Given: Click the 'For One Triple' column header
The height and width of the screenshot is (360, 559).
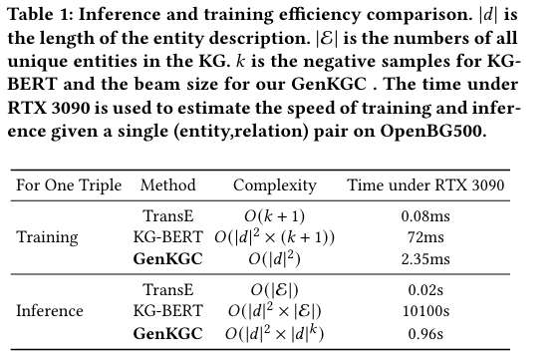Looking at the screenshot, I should (x=69, y=185).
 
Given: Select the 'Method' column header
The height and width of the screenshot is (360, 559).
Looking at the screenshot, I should (x=167, y=185).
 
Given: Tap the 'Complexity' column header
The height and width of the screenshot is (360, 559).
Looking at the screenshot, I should (x=274, y=185).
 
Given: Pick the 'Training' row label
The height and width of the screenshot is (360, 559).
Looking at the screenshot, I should (x=47, y=237).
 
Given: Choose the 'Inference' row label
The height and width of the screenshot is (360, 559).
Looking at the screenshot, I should (x=50, y=310).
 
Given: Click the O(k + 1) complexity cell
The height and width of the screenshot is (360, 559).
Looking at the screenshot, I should (x=274, y=216).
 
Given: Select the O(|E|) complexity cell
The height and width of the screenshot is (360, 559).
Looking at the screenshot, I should (x=274, y=289).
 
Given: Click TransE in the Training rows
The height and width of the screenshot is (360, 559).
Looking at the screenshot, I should (x=168, y=216).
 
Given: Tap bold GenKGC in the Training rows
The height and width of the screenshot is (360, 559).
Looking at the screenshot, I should (x=168, y=258).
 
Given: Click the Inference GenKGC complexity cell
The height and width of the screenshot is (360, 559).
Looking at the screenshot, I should (x=274, y=331).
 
